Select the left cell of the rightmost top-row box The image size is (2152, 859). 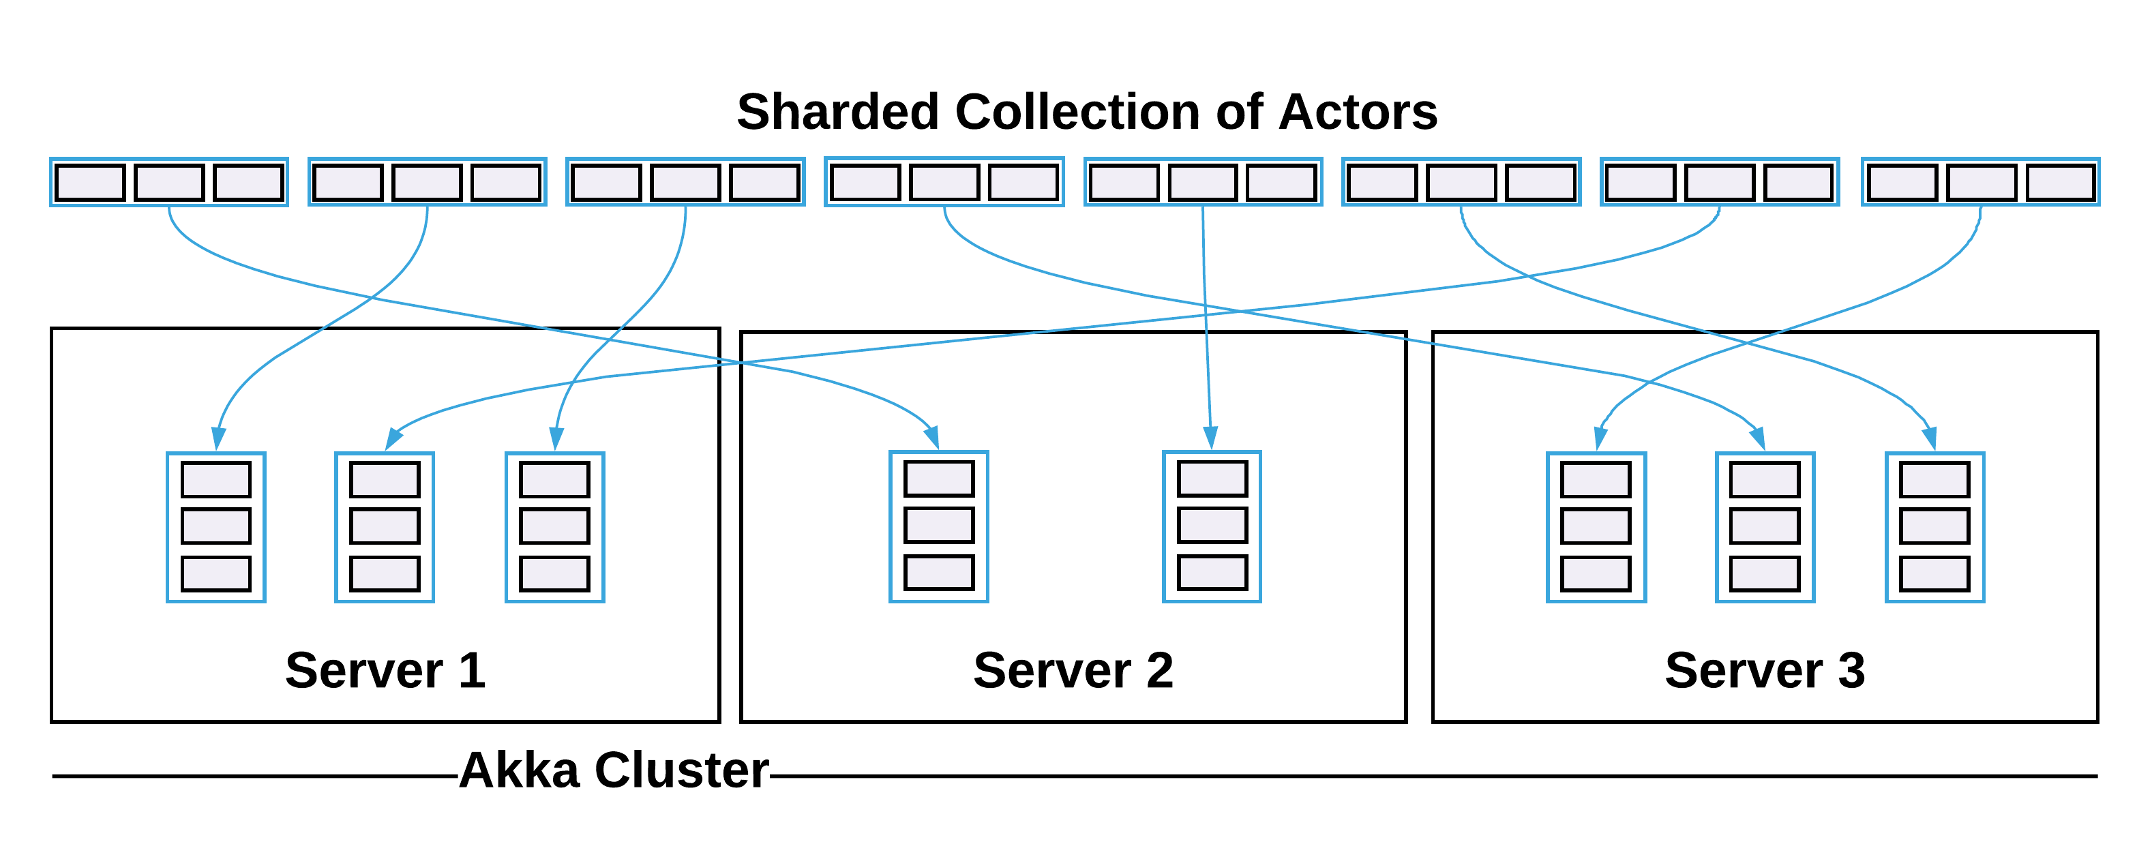coord(1902,182)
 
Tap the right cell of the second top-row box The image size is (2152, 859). coord(505,182)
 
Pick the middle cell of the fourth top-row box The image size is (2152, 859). coord(944,182)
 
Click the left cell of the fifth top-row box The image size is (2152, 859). coord(1124,182)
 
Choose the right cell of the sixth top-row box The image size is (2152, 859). coord(1540,182)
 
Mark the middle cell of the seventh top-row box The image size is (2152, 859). coord(1719,182)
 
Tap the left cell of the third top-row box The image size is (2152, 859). coord(606,182)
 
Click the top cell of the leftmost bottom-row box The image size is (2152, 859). coord(215,480)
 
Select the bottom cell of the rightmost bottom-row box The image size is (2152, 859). coord(1934,573)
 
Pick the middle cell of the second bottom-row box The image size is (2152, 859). coord(385,526)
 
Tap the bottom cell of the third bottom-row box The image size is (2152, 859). coord(555,573)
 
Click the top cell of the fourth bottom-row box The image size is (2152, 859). coord(939,479)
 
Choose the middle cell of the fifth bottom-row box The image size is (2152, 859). coord(1212,525)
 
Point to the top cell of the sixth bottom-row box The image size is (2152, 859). coord(1596,480)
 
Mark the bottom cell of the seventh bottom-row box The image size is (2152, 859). coord(1765,573)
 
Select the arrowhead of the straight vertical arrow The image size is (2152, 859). coord(1210,438)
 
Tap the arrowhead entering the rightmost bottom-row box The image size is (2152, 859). coord(1930,438)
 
